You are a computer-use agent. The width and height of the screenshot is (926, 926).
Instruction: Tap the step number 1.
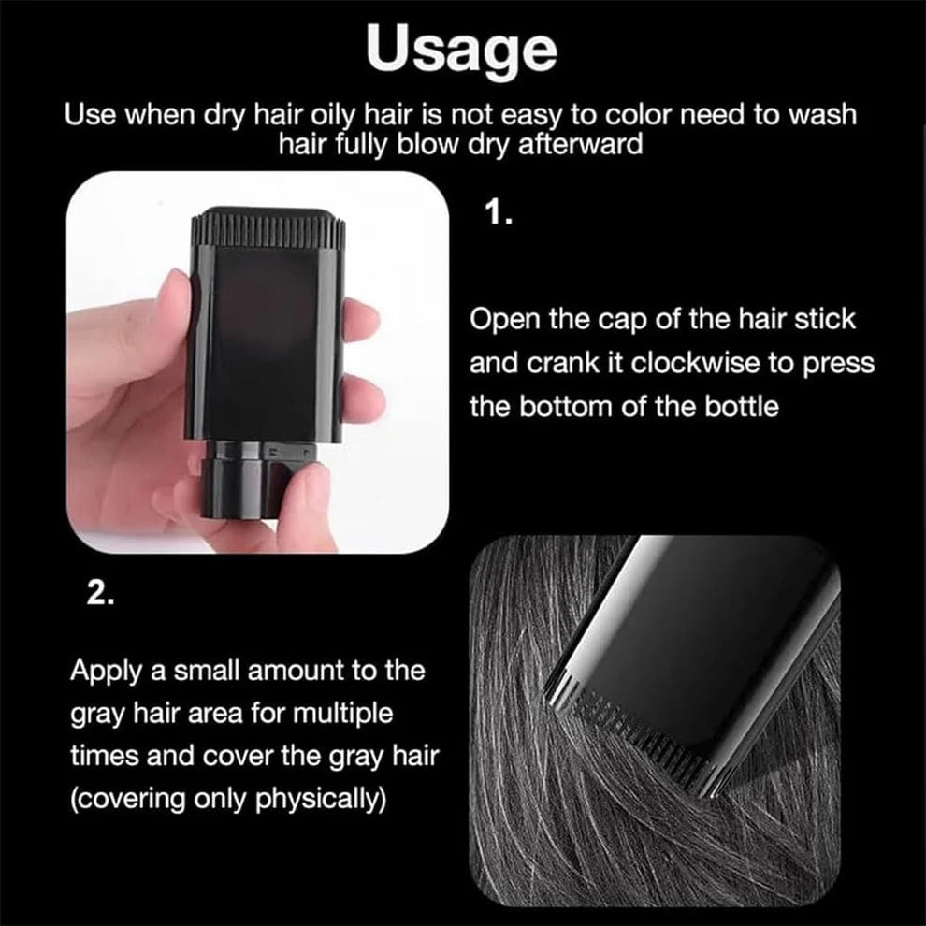point(498,212)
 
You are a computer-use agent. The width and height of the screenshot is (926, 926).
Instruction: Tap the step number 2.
point(100,592)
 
